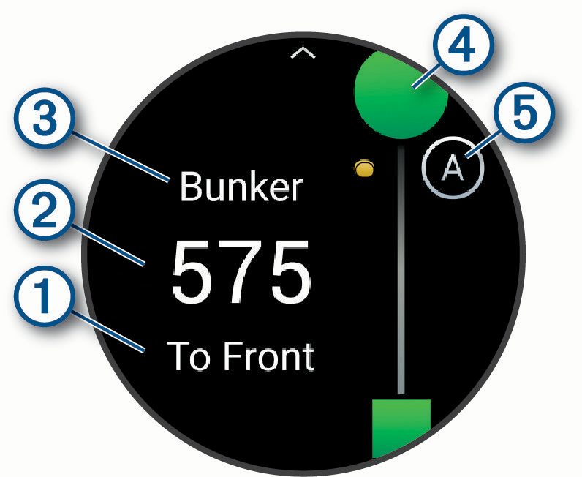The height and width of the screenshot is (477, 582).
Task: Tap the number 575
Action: point(241,270)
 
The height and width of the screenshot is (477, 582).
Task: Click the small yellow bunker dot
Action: point(364,170)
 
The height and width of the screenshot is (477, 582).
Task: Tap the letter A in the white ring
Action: point(453,169)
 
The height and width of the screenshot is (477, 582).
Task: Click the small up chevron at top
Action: point(302,56)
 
